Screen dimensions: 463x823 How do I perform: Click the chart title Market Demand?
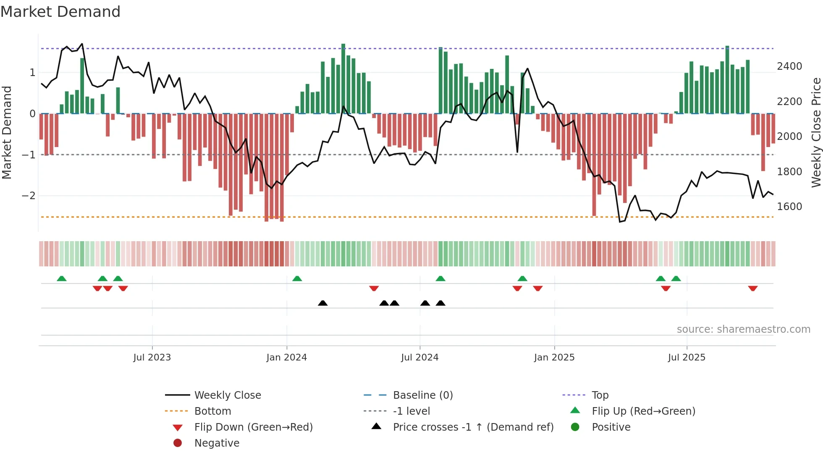pos(60,12)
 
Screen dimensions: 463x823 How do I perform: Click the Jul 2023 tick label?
pos(152,358)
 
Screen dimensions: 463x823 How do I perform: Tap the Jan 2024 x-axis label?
pos(286,358)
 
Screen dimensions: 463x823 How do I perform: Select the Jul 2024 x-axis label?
pos(419,358)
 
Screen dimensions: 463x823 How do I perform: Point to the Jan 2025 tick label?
pos(554,358)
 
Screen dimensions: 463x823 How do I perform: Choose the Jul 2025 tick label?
pos(687,358)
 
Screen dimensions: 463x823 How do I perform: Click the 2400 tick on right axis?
pos(789,66)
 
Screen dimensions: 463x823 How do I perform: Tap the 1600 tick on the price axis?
pos(789,207)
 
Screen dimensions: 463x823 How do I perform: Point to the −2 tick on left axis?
pos(29,196)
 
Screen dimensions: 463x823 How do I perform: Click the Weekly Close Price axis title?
pos(816,132)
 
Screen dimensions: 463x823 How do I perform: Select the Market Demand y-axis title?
pos(7,132)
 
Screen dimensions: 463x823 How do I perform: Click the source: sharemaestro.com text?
pos(743,329)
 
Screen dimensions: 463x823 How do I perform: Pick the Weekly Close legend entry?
pos(227,395)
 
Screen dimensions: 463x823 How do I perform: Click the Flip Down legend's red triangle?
pos(178,428)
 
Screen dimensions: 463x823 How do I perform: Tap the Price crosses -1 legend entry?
pos(473,427)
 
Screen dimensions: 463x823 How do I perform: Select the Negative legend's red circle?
pos(178,443)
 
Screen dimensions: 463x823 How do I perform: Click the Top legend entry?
pos(600,395)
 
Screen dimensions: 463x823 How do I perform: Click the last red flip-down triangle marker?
pos(752,288)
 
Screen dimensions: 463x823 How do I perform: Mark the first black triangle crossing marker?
pos(322,303)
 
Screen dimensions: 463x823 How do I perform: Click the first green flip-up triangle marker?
pos(62,279)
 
